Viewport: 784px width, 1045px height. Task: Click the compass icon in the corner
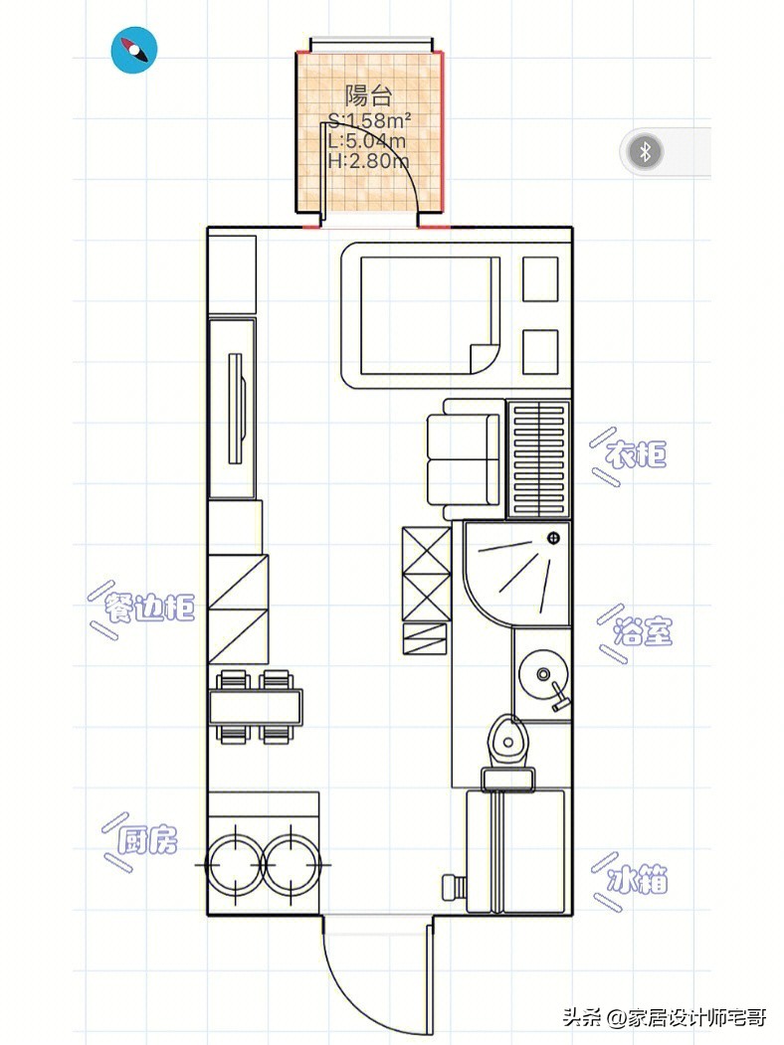(x=134, y=50)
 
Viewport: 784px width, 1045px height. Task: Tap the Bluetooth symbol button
(x=645, y=152)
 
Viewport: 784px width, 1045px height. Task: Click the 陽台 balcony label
(x=368, y=95)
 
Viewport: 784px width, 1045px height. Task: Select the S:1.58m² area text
(x=369, y=120)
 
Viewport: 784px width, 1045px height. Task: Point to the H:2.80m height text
(x=369, y=160)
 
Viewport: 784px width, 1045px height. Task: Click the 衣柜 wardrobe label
(x=636, y=455)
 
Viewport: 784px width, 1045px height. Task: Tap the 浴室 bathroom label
(x=643, y=631)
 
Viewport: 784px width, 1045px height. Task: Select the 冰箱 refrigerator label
(x=638, y=880)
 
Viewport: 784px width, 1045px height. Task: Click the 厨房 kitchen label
(x=147, y=840)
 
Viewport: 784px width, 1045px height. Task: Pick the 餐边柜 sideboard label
(x=149, y=608)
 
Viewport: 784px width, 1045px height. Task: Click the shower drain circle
(x=553, y=538)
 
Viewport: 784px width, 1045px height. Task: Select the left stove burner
(x=235, y=864)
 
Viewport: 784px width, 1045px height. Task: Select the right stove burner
(x=292, y=864)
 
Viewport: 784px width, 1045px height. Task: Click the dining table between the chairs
(x=256, y=706)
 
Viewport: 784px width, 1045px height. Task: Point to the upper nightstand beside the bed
(x=540, y=279)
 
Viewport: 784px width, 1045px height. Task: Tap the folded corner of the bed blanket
(x=485, y=358)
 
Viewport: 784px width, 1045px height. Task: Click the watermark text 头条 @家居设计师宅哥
(x=665, y=1017)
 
